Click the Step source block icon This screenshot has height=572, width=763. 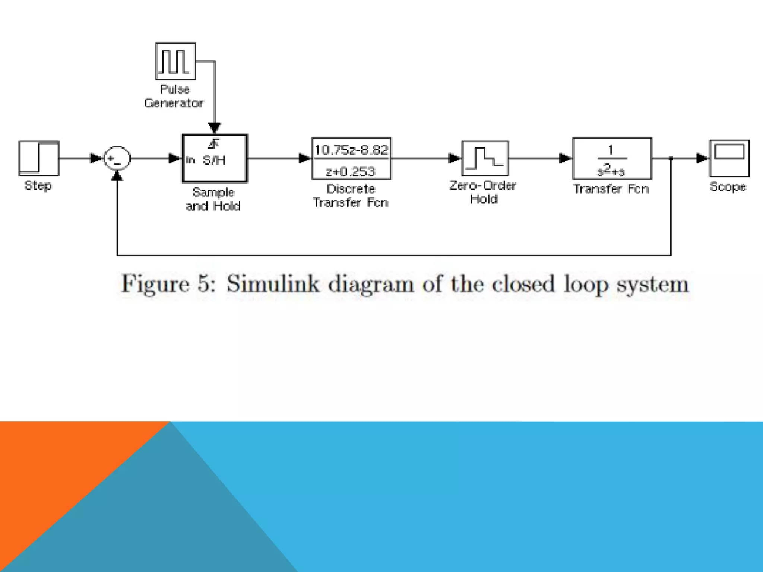(39, 158)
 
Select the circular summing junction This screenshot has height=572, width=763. (117, 158)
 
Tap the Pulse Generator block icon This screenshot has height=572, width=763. (175, 61)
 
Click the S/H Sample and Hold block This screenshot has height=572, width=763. (215, 159)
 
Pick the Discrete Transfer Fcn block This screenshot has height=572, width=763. (351, 159)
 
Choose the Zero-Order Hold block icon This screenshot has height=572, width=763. (485, 158)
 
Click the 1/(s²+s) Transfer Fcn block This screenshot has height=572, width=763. (612, 159)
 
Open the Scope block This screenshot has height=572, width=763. (729, 158)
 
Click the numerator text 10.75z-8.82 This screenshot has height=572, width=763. (351, 150)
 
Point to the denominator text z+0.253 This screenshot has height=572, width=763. (350, 171)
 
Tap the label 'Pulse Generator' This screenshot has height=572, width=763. (174, 96)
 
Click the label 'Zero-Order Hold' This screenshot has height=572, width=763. (483, 192)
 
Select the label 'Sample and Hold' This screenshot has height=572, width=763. (213, 199)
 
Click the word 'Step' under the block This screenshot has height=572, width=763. (38, 185)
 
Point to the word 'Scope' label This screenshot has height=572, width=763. (728, 187)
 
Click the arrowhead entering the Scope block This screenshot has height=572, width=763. (702, 159)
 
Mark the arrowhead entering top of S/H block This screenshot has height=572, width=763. (214, 128)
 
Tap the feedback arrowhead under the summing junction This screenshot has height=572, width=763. (117, 176)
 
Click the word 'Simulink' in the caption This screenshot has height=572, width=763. (273, 284)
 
